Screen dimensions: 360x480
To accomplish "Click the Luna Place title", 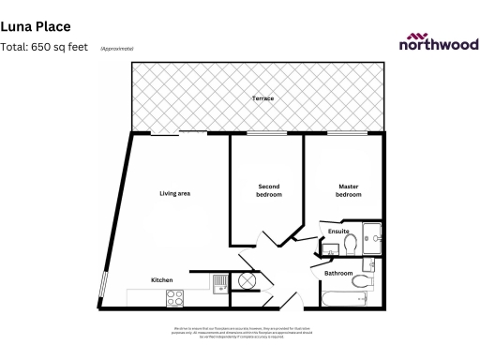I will click(36, 28).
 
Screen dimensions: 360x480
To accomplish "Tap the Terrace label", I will click(262, 98).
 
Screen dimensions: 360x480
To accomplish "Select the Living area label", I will click(175, 193).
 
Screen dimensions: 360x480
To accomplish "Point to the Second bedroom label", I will click(269, 191).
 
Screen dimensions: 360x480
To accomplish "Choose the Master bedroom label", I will click(349, 191).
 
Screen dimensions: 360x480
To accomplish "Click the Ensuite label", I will click(339, 231).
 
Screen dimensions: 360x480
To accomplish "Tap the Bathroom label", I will click(339, 273).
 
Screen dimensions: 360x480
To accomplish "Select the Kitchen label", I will click(162, 280).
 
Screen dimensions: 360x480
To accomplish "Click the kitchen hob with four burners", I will click(174, 298).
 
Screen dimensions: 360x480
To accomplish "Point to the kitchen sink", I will click(218, 280).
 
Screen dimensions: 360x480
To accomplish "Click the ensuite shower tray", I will click(372, 238).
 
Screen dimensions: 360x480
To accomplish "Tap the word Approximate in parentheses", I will click(117, 48).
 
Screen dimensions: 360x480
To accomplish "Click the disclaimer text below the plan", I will click(239, 332).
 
